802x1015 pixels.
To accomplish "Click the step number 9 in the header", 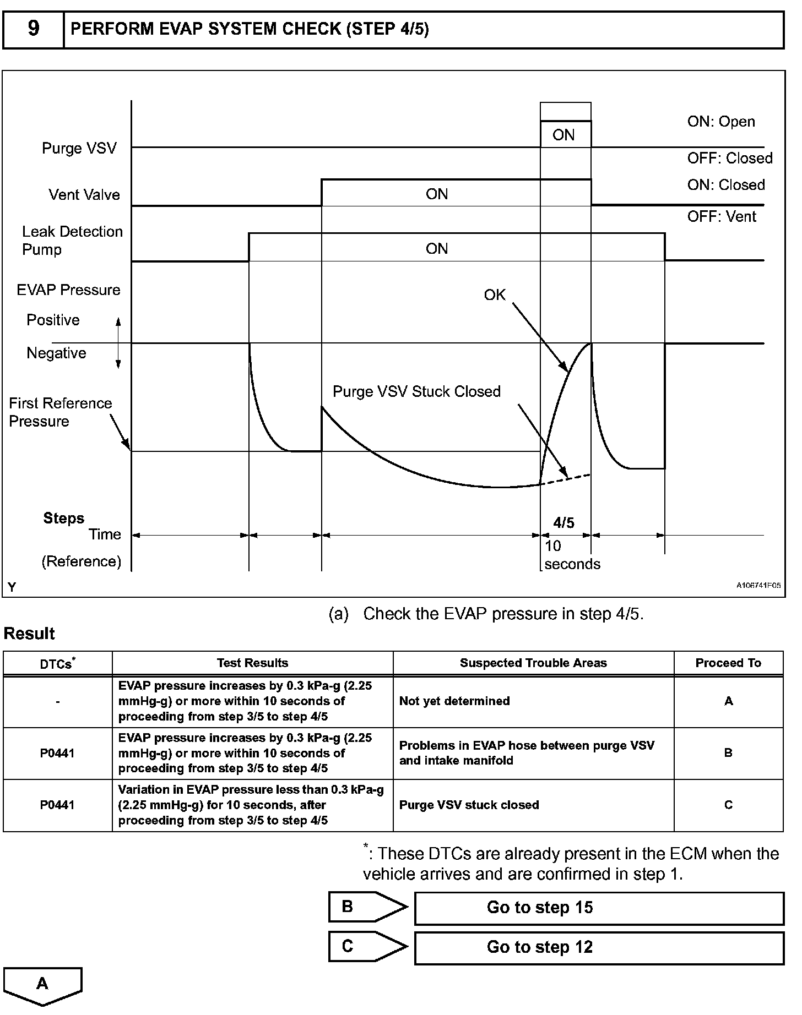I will pyautogui.click(x=34, y=29).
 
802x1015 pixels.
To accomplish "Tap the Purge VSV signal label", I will pyautogui.click(x=79, y=149).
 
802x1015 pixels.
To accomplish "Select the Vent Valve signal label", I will pyautogui.click(x=84, y=195).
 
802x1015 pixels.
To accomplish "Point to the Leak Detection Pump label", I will pyautogui.click(x=72, y=241).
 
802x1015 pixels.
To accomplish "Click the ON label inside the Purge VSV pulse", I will pyautogui.click(x=563, y=135).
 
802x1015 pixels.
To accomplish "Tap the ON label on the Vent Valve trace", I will pyautogui.click(x=437, y=194).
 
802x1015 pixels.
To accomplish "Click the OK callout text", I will pyautogui.click(x=495, y=296).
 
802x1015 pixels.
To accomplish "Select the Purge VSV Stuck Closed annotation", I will pyautogui.click(x=416, y=392).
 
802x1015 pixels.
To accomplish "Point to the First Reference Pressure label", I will pyautogui.click(x=60, y=412).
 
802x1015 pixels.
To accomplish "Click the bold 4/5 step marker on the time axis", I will pyautogui.click(x=564, y=523).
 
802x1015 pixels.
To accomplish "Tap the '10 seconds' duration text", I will pyautogui.click(x=572, y=555).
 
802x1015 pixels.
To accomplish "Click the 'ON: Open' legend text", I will pyautogui.click(x=721, y=122).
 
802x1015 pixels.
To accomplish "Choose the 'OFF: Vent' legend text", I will pyautogui.click(x=722, y=217).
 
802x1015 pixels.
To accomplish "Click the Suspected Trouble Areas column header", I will pyautogui.click(x=533, y=663).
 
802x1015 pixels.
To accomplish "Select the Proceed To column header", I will pyautogui.click(x=728, y=663).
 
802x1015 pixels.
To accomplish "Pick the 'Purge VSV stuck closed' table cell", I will pyautogui.click(x=469, y=805).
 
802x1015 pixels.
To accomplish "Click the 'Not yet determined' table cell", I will pyautogui.click(x=454, y=701).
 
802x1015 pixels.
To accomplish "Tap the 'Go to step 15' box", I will pyautogui.click(x=599, y=908).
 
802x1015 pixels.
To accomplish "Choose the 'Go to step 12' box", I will pyautogui.click(x=599, y=947).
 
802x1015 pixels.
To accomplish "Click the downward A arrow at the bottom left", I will pyautogui.click(x=42, y=985).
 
